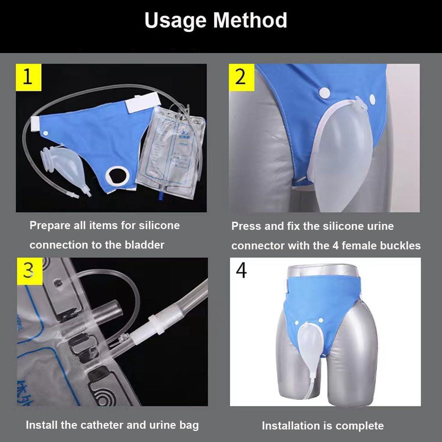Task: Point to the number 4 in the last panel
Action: [242, 271]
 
